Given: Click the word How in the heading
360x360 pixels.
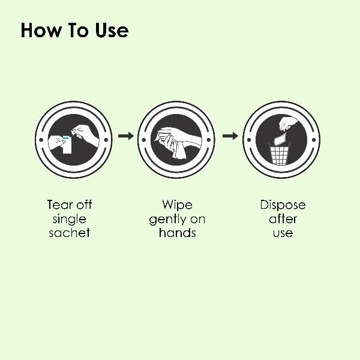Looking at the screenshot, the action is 41,30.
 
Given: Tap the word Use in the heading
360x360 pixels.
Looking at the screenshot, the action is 112,30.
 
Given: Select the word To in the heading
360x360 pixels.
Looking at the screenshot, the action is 78,30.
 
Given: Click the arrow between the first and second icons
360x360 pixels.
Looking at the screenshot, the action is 126,136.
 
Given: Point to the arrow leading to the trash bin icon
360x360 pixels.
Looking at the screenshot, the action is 230,136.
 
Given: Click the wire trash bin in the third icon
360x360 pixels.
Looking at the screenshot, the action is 279,154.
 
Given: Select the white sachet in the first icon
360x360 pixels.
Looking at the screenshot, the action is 67,145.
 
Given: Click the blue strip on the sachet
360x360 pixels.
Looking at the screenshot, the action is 65,138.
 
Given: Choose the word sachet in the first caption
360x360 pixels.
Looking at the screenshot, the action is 70,233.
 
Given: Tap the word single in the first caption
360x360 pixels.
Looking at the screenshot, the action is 70,219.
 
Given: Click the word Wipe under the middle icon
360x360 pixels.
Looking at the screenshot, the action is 177,205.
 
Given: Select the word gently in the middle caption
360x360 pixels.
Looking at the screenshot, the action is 167,219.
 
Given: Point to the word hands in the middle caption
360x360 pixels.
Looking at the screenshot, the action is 177,233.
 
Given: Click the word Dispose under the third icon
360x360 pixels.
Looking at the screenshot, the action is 283,205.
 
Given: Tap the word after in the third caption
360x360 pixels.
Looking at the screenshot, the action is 283,219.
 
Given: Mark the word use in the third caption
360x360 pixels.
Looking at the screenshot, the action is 283,234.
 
